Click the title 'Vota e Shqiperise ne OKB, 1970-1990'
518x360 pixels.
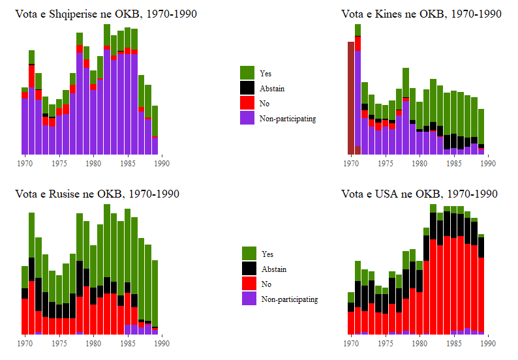106,14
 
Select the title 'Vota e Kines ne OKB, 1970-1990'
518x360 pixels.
421,14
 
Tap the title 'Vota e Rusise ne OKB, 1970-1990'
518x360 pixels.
97,194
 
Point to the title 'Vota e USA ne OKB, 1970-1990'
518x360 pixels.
419,194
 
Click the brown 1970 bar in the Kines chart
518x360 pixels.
351,98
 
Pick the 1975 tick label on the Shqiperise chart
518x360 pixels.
59,163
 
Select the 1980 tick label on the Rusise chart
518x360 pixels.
93,343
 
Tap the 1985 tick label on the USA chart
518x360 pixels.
453,343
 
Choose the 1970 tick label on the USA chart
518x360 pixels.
351,343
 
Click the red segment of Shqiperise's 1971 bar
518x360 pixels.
31,75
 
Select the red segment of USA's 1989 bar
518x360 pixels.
481,293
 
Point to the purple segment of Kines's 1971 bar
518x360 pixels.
358,98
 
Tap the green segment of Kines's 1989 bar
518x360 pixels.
481,126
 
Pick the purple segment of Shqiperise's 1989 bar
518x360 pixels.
155,146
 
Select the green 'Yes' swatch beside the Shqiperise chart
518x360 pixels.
247,72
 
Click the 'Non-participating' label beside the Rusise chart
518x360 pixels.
290,299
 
